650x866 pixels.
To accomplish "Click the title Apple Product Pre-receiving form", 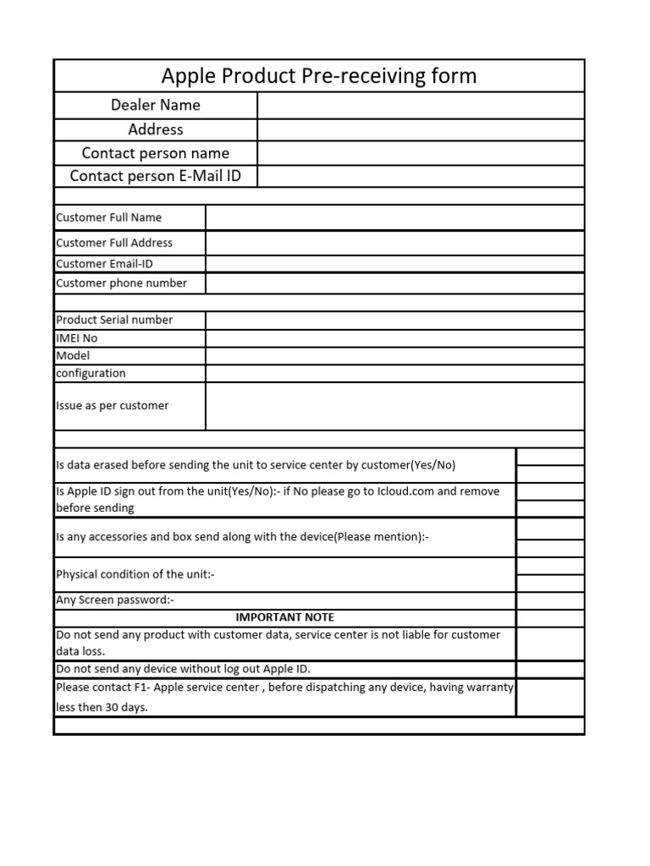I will [319, 76].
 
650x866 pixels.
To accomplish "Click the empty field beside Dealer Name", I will [421, 105].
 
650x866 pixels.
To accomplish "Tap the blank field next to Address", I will [421, 129].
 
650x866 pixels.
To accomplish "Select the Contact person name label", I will [155, 153].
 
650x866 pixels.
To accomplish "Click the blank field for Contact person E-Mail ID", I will [421, 176].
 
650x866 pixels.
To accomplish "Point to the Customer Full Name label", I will [108, 217].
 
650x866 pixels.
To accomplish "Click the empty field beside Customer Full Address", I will [394, 243].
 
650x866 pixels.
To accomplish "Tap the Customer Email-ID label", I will [104, 264].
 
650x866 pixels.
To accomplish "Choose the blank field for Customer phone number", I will [394, 283].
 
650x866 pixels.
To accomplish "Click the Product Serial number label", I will [114, 320].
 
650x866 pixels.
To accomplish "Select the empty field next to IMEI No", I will [394, 338].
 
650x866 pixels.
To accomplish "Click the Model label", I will [73, 356].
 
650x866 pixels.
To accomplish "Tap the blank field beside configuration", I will [394, 373].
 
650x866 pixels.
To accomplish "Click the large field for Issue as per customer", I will [394, 406].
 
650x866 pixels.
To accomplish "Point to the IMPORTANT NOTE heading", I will [284, 617].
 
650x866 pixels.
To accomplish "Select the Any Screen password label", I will [115, 600].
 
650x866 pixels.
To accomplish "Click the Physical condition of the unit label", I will [135, 574].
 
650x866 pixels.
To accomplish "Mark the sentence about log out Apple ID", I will [183, 669].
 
